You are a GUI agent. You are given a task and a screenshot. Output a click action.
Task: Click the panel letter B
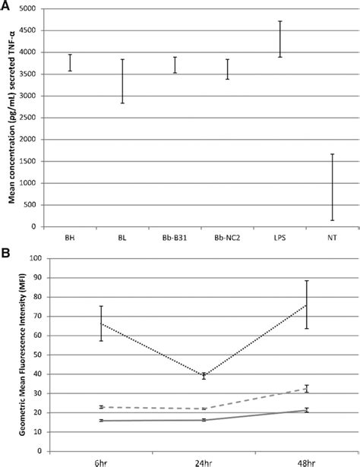coord(8,248)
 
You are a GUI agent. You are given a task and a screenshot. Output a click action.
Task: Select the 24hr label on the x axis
coord(204,462)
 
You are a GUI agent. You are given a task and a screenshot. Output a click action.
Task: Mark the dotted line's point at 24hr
coord(204,376)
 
